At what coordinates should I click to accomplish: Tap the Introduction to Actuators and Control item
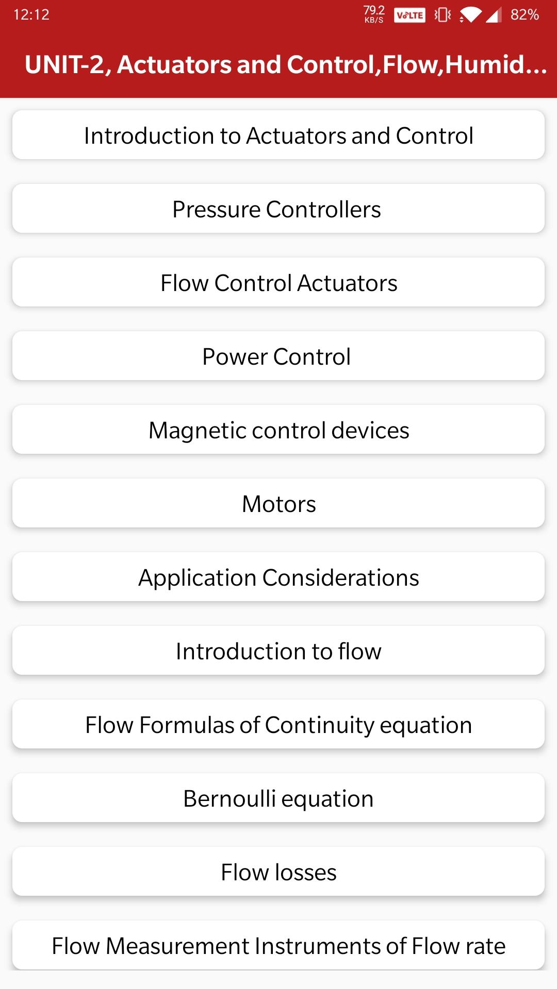coord(278,135)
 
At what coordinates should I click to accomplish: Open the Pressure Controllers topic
coord(278,209)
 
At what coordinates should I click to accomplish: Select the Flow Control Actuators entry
coord(278,282)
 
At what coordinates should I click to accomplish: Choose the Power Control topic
coord(278,356)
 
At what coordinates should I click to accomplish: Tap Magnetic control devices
coord(278,430)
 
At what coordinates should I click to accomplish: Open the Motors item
coord(278,503)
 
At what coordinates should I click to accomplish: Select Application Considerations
coord(278,577)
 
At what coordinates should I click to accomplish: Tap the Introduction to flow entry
coord(278,651)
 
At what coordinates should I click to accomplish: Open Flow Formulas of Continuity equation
coord(278,724)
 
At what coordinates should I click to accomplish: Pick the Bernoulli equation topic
coord(278,798)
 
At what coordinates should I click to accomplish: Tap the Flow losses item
coord(278,872)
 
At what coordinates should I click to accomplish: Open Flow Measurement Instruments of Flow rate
coord(278,945)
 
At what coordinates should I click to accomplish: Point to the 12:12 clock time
coord(31,14)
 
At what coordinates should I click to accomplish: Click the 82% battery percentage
coord(525,14)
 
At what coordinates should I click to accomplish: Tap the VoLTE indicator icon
coord(409,15)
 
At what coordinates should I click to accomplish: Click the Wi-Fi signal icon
coord(470,15)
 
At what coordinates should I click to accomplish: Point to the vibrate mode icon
coord(443,15)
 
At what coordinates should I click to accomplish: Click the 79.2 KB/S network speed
coord(374,14)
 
